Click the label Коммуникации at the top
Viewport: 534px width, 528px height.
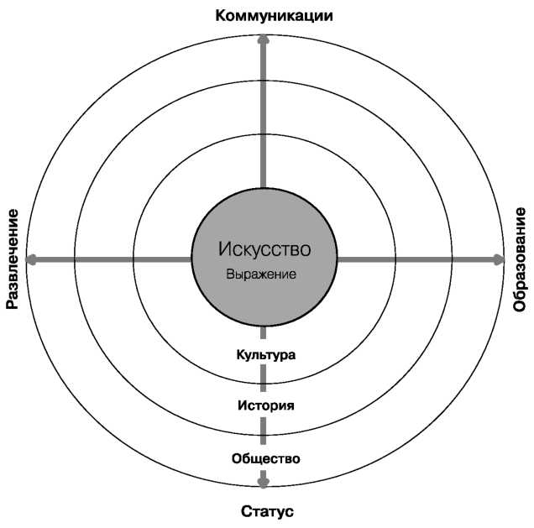coord(275,16)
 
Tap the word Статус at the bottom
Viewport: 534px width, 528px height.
coord(267,511)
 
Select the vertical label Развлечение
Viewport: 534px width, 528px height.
coord(13,259)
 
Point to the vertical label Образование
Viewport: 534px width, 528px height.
coord(520,259)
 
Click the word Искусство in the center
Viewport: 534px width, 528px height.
coord(264,248)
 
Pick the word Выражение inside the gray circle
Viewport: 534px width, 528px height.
coord(261,274)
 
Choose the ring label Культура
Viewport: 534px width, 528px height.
coord(266,355)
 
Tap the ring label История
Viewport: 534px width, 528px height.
coord(266,405)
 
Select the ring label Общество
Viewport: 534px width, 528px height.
coord(266,458)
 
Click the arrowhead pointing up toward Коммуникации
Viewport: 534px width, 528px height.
coord(263,39)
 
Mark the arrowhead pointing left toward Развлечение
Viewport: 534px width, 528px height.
coord(31,259)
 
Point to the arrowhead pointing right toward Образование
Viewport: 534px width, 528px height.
coord(499,259)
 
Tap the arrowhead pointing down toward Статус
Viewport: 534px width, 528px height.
coord(264,482)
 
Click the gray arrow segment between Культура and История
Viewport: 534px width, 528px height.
coord(263,378)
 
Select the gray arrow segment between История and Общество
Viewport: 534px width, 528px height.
coord(263,431)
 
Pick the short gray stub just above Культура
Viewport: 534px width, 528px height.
coord(263,332)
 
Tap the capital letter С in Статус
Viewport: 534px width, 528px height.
coord(247,511)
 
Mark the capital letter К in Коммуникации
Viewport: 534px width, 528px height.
coord(221,16)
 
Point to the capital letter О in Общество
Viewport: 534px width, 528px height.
coord(238,458)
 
